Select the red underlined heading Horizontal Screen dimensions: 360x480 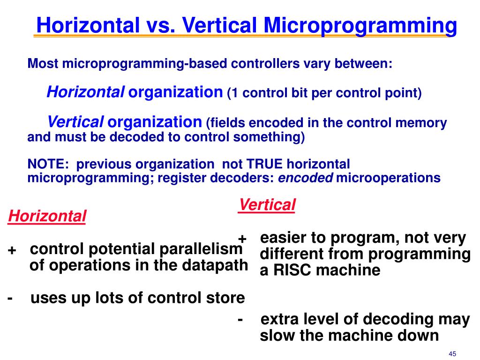pos(47,217)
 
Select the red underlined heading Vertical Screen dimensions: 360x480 pos(267,205)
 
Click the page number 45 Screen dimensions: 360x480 pos(452,353)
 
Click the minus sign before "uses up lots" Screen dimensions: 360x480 pos(10,298)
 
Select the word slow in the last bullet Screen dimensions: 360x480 pos(276,336)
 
